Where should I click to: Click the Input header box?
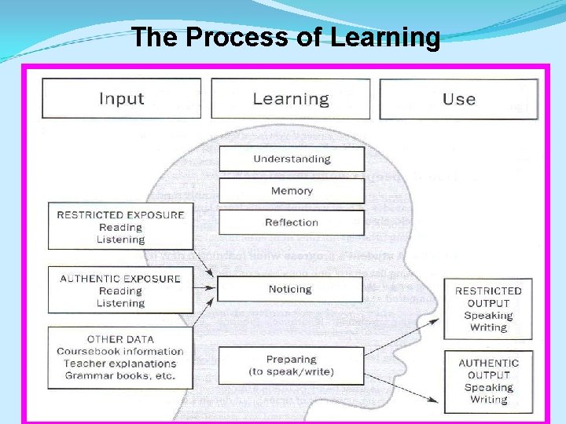click(x=121, y=99)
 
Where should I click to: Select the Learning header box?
click(x=290, y=99)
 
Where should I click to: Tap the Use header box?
click(x=458, y=99)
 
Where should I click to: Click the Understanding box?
click(x=291, y=159)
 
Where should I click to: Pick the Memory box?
click(x=291, y=191)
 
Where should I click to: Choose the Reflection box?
click(x=291, y=222)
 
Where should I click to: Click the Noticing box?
click(x=290, y=289)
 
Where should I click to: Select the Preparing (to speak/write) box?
click(x=291, y=365)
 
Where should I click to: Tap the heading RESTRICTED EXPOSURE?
click(x=120, y=214)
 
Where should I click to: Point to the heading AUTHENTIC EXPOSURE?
click(x=120, y=279)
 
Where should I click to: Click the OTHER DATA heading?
click(x=120, y=339)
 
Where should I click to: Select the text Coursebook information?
click(x=120, y=352)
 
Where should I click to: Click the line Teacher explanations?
click(x=120, y=364)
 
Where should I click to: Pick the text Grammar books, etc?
click(x=120, y=375)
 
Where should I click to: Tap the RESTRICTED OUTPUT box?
click(x=488, y=309)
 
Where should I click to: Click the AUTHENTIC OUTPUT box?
click(x=488, y=381)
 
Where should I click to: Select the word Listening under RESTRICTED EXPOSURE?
click(x=120, y=239)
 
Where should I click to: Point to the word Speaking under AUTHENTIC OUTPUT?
click(x=488, y=387)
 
